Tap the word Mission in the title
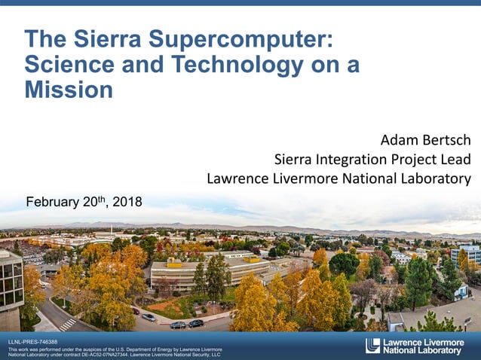coord(69,91)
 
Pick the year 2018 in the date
coord(127,202)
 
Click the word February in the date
coord(54,202)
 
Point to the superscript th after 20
coord(102,199)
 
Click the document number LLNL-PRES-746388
coord(32,343)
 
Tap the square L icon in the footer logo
coord(372,346)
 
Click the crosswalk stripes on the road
coord(67,324)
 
